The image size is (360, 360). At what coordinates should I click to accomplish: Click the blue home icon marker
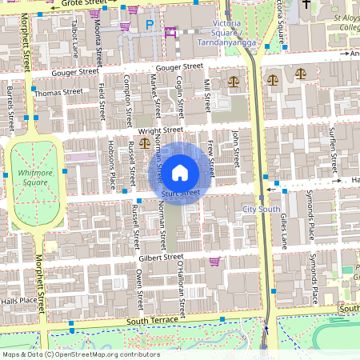[x=180, y=172]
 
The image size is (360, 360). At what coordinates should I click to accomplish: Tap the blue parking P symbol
[x=150, y=26]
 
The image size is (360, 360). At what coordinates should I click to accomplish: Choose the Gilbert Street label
[x=161, y=258]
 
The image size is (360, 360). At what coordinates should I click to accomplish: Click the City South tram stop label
[x=261, y=210]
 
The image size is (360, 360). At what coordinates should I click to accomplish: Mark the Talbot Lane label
[x=75, y=38]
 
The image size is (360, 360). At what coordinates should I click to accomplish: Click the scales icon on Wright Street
[x=144, y=142]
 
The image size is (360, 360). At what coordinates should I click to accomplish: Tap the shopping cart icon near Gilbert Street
[x=214, y=261]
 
